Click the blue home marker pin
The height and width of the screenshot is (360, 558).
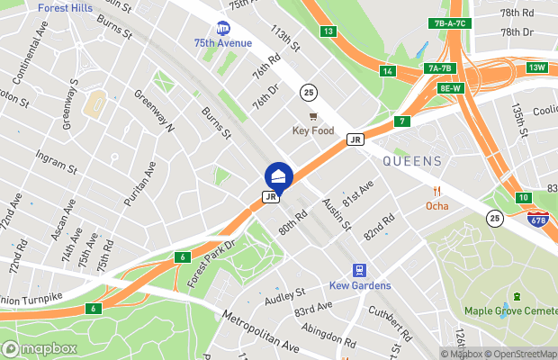point(277,175)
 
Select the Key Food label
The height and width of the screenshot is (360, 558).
point(313,130)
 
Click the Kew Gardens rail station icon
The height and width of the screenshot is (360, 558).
point(359,269)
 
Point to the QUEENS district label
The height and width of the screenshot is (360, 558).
point(412,161)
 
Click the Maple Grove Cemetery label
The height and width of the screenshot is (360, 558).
point(510,311)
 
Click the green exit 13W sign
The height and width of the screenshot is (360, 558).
point(537,67)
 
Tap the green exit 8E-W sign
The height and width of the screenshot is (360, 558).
point(450,87)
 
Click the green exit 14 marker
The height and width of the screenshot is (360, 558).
point(388,71)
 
